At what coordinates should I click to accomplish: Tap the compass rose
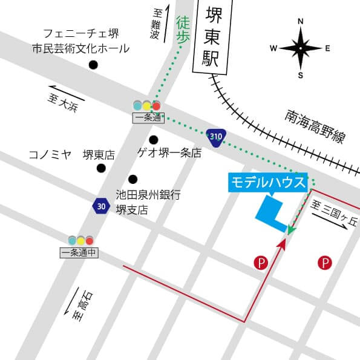coord(301,48)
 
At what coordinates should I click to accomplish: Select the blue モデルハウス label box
coord(268,182)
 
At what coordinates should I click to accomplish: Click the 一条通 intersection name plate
coord(147,119)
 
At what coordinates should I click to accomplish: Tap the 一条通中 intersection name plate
coord(79,253)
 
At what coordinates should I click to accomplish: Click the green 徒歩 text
coord(183,30)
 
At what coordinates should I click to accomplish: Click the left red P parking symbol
coord(260,263)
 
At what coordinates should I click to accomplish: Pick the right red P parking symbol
coord(325,263)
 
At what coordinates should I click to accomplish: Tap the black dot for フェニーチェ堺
coord(93,65)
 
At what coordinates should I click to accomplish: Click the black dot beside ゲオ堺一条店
coord(154,140)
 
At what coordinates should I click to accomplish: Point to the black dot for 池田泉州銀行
coord(133,179)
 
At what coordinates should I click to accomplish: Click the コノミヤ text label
coord(50,155)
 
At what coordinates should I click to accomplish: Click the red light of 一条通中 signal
coord(90,240)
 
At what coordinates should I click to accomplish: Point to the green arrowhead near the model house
coord(291,231)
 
